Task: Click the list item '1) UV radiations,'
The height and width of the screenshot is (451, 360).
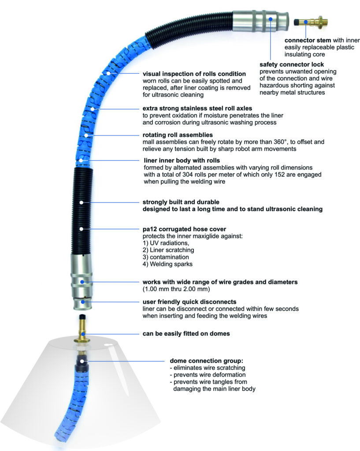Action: pos(163,243)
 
